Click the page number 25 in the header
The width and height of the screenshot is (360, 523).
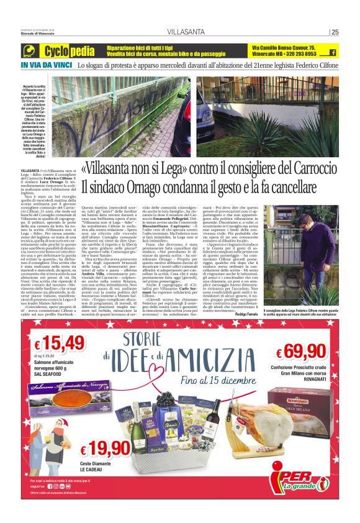335,32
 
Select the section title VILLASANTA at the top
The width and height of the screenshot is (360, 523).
182,32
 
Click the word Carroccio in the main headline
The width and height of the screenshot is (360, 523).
305,168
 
